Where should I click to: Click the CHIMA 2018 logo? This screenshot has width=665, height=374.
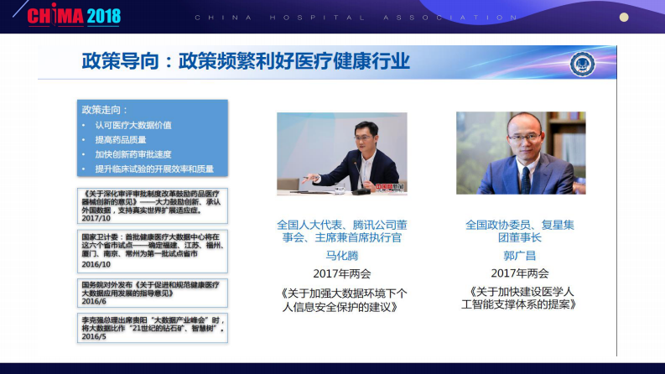(74, 16)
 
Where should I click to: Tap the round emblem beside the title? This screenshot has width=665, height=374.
(582, 64)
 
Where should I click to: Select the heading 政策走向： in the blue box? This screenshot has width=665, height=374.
(105, 110)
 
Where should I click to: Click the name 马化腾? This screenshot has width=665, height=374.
(341, 254)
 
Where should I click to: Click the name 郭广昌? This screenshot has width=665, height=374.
(520, 254)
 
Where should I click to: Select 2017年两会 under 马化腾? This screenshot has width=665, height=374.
(341, 273)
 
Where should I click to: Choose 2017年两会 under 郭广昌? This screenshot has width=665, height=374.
(520, 273)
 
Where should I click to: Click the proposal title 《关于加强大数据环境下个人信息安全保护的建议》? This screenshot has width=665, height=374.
(342, 300)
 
